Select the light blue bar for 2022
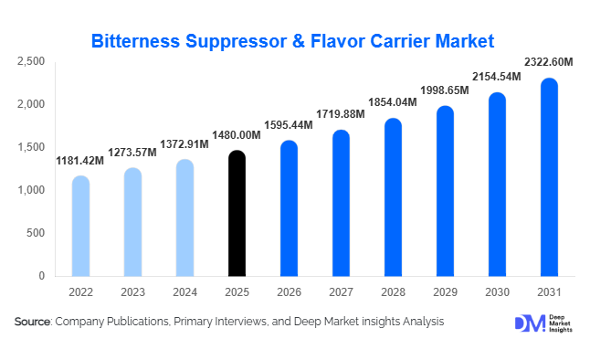click(x=80, y=226)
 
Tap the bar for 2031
click(x=549, y=177)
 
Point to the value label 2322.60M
click(x=548, y=62)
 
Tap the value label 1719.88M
click(x=341, y=114)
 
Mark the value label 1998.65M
click(x=445, y=90)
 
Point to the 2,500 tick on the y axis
click(x=30, y=61)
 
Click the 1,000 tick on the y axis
click(x=30, y=190)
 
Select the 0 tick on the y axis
click(x=40, y=276)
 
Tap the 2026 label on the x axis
click(x=289, y=292)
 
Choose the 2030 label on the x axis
click(x=497, y=292)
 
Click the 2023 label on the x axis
click(x=132, y=292)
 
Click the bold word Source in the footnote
click(x=33, y=322)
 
